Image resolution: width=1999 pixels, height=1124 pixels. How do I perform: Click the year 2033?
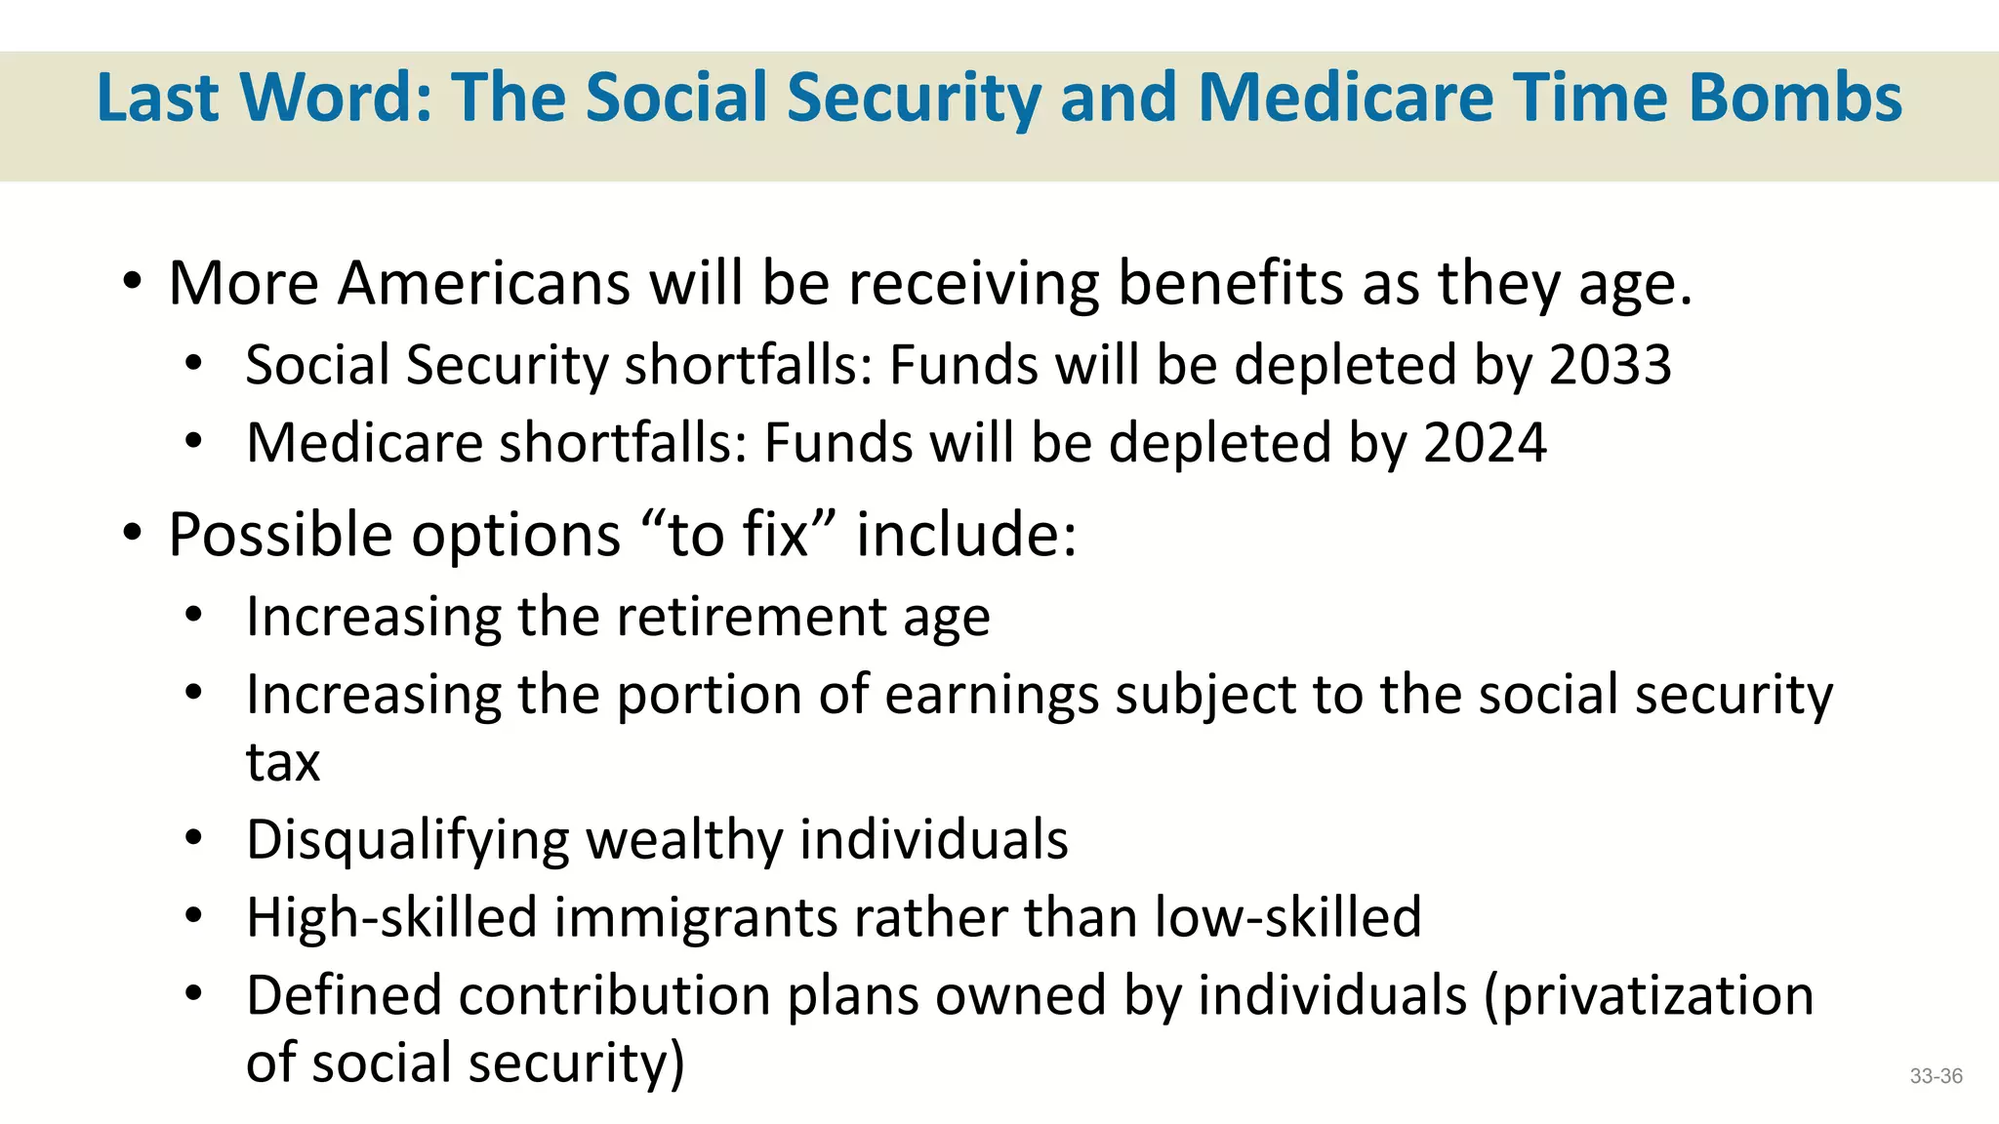[1610, 366]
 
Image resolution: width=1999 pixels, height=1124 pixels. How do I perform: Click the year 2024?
[1485, 444]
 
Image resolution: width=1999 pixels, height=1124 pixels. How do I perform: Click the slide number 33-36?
[1936, 1076]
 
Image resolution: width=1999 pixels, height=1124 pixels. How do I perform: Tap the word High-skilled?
[391, 918]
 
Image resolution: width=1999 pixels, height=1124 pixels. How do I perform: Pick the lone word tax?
[282, 762]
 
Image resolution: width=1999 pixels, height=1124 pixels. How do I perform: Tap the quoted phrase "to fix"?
[739, 536]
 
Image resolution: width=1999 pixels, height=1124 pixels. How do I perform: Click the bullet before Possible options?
[133, 534]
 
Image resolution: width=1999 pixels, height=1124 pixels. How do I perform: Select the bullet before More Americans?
[133, 283]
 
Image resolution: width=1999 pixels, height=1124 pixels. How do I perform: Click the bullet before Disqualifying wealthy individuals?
[193, 838]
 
